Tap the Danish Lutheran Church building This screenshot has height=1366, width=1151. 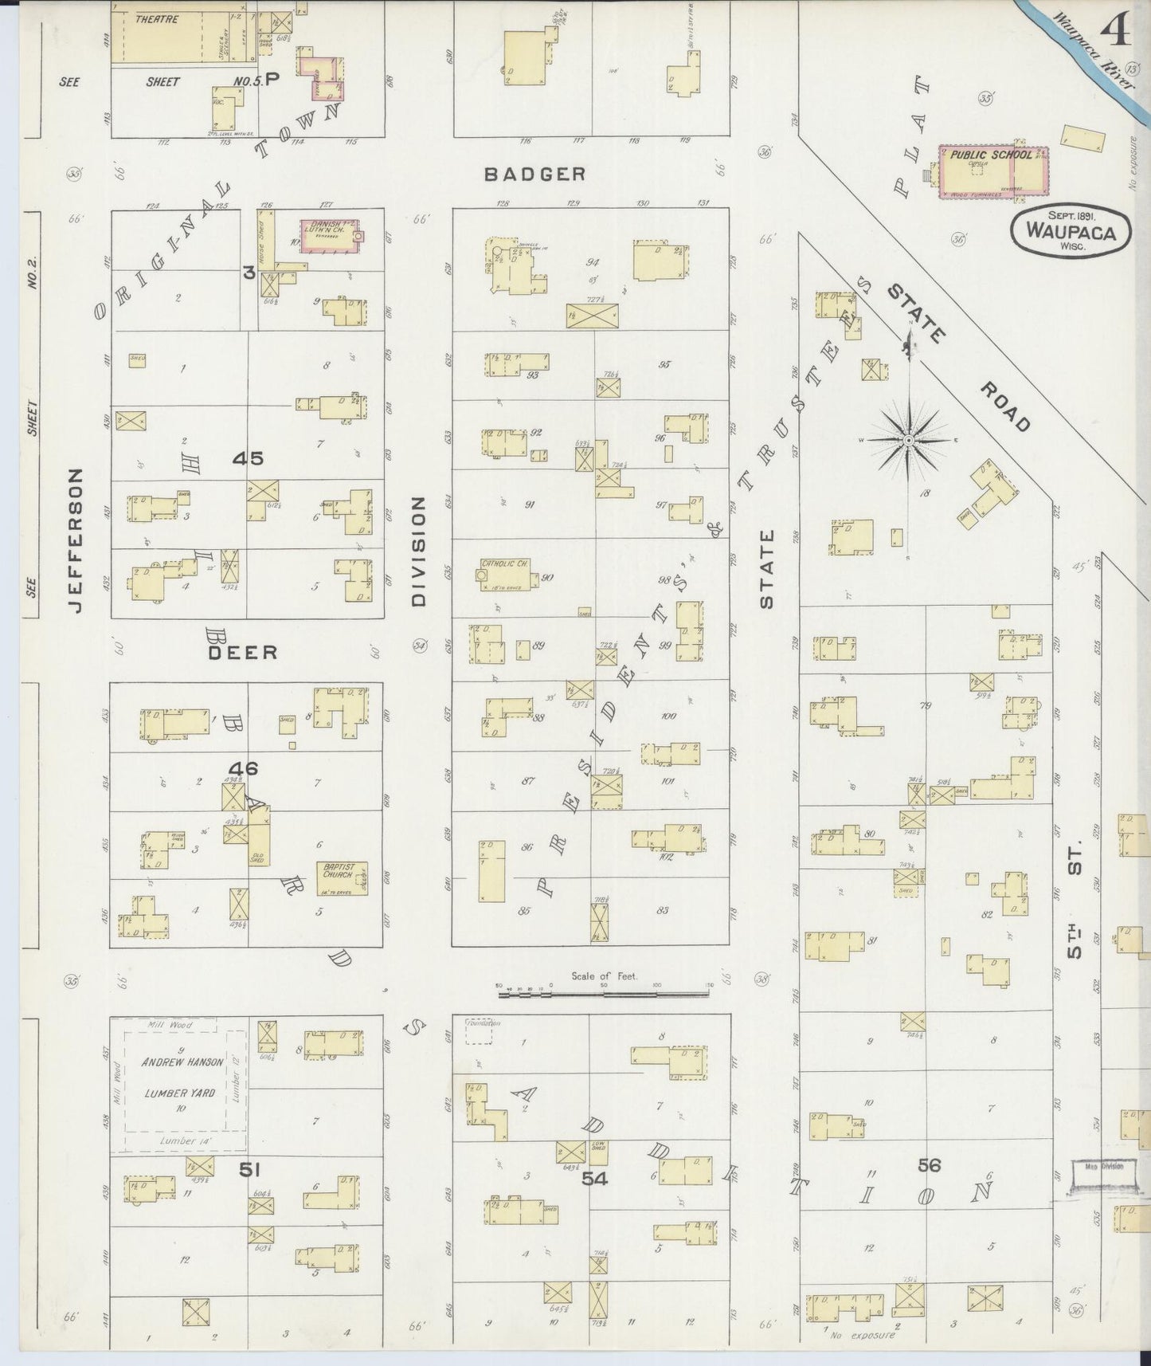(x=327, y=235)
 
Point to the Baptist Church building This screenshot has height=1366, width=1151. (x=343, y=877)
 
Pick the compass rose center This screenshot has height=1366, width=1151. (x=908, y=440)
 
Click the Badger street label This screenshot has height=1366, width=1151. (x=535, y=174)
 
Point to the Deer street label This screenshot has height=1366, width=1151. (x=243, y=652)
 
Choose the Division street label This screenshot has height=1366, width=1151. (x=420, y=551)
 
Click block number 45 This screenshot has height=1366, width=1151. (x=248, y=458)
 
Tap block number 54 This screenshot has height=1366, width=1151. (x=594, y=1178)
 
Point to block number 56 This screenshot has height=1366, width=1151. (x=929, y=1165)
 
